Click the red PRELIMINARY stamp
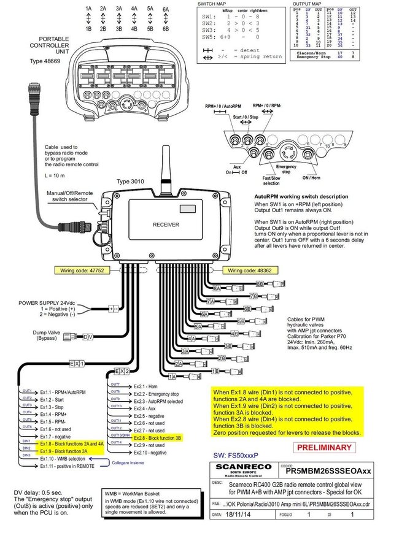point(325,447)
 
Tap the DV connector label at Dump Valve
point(88,337)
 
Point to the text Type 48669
point(45,62)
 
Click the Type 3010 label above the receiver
point(130,182)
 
